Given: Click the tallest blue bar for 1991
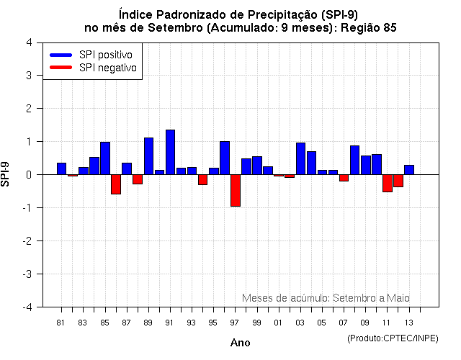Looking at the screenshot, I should [171, 152].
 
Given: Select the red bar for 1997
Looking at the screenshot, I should [236, 190].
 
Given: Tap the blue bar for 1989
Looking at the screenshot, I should [148, 156].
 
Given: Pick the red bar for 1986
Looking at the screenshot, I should [116, 184].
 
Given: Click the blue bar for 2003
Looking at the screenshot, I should [300, 158].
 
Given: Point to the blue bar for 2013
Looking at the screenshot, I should [409, 170].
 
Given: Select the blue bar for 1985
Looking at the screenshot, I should [105, 158].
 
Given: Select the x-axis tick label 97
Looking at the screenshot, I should [235, 323].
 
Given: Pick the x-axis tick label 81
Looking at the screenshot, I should [61, 323].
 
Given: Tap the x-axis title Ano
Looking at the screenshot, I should [241, 343].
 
